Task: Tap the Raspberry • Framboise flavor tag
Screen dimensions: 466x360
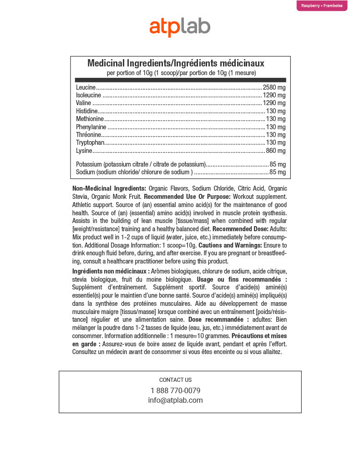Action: point(322,6)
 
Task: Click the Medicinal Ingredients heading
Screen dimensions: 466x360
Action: point(176,63)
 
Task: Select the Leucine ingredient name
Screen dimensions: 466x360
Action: point(86,87)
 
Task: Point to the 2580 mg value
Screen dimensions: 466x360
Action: point(274,87)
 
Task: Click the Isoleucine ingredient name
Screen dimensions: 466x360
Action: point(88,96)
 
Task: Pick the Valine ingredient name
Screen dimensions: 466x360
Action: point(84,103)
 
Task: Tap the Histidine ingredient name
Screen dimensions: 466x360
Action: point(86,111)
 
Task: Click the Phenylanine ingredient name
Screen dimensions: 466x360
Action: point(91,127)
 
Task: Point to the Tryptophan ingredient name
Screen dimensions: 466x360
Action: point(90,143)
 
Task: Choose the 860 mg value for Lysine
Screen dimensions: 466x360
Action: point(276,151)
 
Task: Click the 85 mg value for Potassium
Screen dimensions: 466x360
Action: point(278,164)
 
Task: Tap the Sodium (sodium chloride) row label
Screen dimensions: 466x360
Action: point(134,172)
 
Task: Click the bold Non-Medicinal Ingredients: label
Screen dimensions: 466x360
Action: point(109,188)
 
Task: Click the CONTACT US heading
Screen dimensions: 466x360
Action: point(175,380)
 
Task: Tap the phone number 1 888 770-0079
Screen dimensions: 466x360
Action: point(175,390)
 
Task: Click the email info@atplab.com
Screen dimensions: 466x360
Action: point(175,400)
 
